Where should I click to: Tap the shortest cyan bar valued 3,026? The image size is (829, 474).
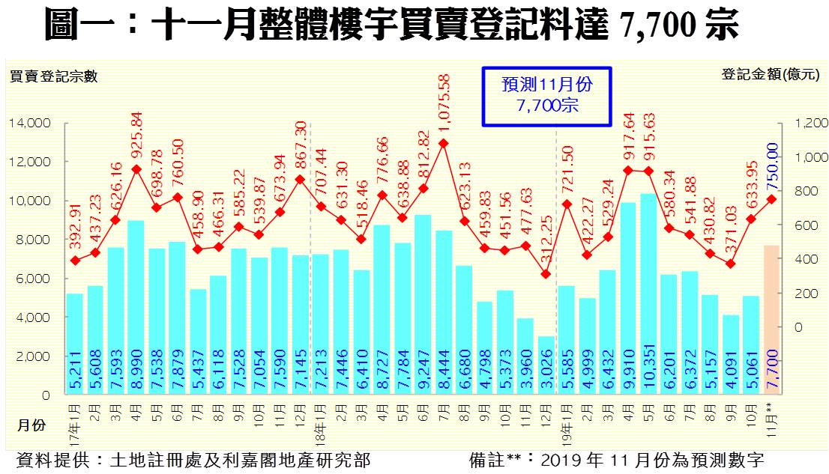546,365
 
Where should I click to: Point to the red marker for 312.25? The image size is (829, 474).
546,274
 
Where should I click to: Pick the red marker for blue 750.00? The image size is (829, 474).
771,199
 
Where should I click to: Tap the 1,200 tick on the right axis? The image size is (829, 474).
812,123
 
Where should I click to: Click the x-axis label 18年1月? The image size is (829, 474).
320,423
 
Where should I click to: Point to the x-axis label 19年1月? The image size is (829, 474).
567,423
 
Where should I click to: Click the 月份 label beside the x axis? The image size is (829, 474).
31,425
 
